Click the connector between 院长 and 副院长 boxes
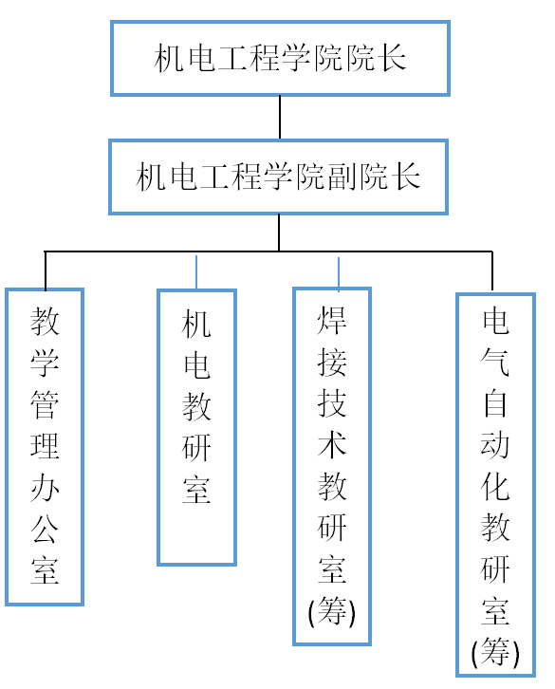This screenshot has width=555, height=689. (x=280, y=118)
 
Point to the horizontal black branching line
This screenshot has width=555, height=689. (x=268, y=251)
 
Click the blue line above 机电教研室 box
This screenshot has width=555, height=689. (x=196, y=272)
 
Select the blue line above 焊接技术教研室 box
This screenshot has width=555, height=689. (x=339, y=273)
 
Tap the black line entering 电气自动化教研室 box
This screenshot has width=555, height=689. (x=492, y=271)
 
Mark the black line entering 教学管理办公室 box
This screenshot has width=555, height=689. (x=46, y=270)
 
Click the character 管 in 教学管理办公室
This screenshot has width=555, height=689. (x=45, y=404)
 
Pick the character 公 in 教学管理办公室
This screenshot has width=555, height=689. (x=45, y=529)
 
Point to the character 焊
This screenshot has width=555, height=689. (x=332, y=321)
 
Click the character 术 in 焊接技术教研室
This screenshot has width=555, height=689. (x=332, y=444)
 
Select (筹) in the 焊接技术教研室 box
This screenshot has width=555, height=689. (x=332, y=611)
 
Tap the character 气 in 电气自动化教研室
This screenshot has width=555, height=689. (x=495, y=363)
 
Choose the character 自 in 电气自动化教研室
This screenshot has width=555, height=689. (x=495, y=403)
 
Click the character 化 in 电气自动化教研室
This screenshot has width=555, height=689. (x=495, y=487)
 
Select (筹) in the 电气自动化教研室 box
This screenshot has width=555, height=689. (x=495, y=653)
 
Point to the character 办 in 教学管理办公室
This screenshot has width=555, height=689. (x=45, y=488)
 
